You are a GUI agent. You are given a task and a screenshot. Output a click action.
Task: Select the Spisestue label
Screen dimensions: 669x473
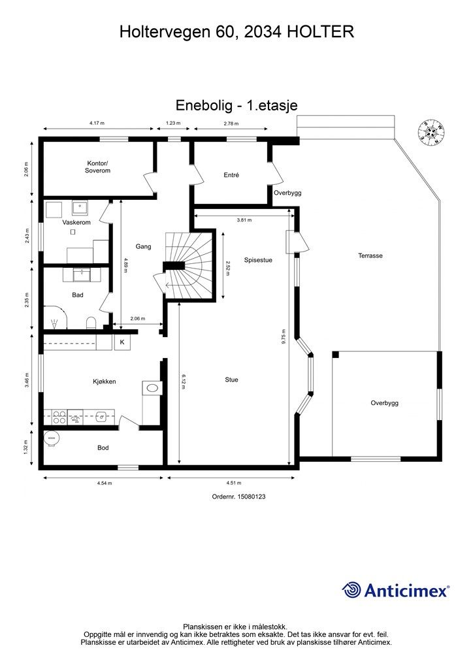click(258, 259)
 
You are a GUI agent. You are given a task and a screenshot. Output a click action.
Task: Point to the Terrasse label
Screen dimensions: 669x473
click(370, 255)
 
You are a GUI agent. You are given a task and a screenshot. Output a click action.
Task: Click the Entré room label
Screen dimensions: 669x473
click(231, 175)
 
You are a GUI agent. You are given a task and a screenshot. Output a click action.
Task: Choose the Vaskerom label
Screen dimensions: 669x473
click(76, 223)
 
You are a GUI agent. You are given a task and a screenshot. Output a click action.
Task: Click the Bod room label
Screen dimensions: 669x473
click(103, 448)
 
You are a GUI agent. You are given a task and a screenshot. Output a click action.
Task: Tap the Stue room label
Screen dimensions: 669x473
click(231, 380)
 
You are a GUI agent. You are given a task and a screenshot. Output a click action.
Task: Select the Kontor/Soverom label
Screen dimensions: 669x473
click(97, 167)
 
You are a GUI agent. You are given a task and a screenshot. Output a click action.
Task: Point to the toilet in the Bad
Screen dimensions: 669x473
click(91, 322)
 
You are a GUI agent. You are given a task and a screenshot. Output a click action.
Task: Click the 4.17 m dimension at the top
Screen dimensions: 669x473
click(97, 123)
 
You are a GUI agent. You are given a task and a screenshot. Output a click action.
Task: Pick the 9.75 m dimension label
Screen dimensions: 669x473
click(284, 336)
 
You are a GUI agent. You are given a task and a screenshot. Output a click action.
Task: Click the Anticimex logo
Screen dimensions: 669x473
click(396, 590)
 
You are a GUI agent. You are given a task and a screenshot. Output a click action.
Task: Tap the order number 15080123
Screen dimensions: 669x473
click(238, 497)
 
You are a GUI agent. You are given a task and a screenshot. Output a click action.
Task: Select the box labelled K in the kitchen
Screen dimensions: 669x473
click(122, 342)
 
